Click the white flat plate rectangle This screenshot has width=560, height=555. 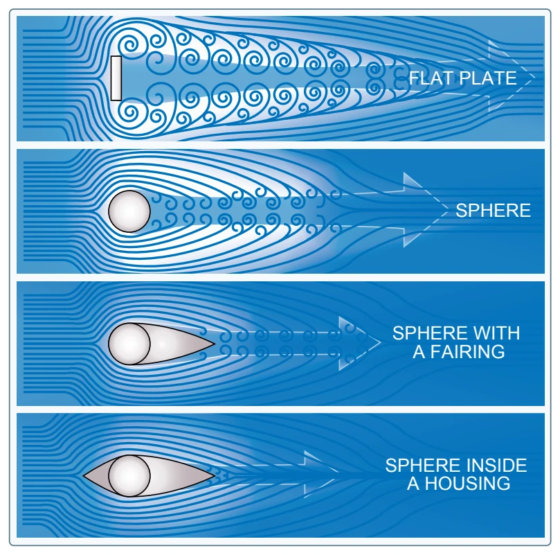click(x=116, y=78)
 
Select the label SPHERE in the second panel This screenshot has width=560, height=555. click(x=493, y=210)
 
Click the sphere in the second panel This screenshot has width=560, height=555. click(x=129, y=211)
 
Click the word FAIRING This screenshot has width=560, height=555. click(x=467, y=352)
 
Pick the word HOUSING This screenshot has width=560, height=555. click(x=467, y=484)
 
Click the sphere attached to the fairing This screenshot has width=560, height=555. click(x=129, y=344)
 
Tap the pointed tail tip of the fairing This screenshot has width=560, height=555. click(x=215, y=344)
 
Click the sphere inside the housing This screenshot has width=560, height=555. click(x=129, y=476)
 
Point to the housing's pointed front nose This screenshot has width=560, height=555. click(x=84, y=476)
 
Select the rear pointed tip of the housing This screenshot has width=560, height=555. click(x=215, y=475)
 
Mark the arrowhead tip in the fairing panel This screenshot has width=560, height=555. click(x=381, y=343)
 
